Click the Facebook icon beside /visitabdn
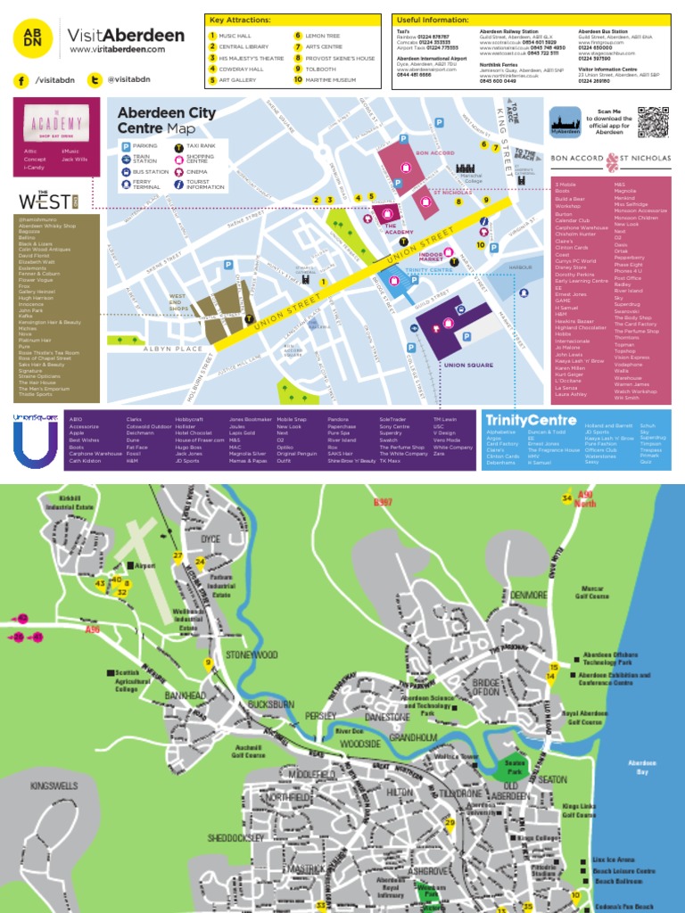coord(21,80)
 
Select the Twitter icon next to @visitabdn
coord(94,80)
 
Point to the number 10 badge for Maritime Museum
coord(298,79)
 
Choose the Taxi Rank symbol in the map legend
coord(179,145)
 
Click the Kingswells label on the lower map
coord(54,788)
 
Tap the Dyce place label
coord(210,539)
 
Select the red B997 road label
coord(383,503)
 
